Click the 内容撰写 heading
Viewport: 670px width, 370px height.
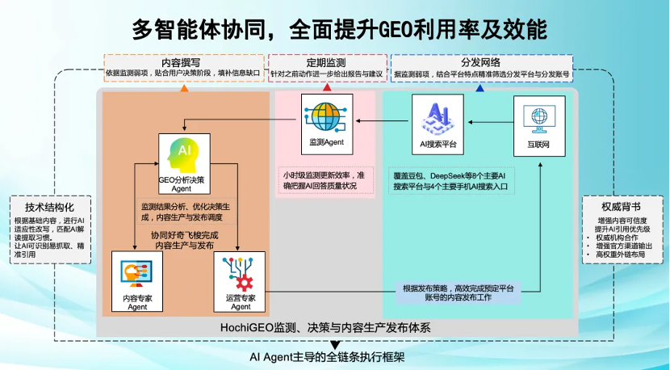(x=182, y=61)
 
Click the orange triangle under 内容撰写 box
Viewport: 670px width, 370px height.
(x=184, y=86)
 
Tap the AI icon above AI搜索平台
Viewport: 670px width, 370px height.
(x=435, y=115)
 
